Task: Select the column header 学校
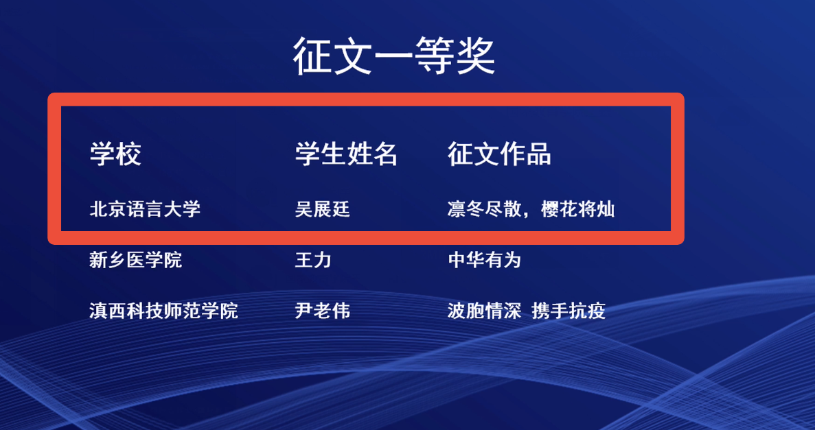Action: pos(115,154)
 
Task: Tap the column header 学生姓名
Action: pos(346,154)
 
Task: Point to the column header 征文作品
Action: pos(499,154)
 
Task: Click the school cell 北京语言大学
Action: pos(145,209)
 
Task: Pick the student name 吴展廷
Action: pos(323,209)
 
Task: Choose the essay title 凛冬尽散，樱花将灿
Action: pos(531,209)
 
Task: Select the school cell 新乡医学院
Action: pos(136,260)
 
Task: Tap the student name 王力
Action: pos(313,260)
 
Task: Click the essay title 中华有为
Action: pos(485,260)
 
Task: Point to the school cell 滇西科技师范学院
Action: pos(163,311)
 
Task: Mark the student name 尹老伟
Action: pos(323,311)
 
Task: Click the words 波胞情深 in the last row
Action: pos(485,311)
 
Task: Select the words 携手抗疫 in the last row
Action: pos(569,311)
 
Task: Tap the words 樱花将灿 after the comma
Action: pos(578,209)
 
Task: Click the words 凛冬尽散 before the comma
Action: pos(485,209)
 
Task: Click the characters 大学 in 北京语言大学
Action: pos(183,209)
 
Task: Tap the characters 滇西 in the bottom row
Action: pos(108,311)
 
